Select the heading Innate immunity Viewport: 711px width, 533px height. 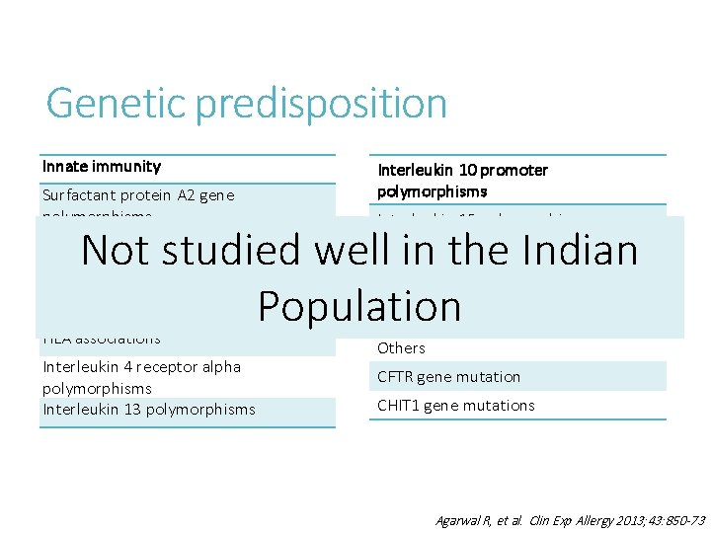point(102,167)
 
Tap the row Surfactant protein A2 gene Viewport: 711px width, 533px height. point(139,195)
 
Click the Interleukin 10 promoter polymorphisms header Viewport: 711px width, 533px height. point(462,180)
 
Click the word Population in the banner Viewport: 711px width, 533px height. point(359,307)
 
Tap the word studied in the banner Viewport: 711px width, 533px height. point(238,251)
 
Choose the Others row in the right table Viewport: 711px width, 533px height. point(401,348)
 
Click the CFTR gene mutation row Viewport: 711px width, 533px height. point(448,377)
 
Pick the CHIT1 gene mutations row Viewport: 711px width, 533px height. point(455,406)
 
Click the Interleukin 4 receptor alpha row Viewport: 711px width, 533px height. point(142,367)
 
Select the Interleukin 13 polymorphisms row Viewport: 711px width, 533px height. point(149,410)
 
